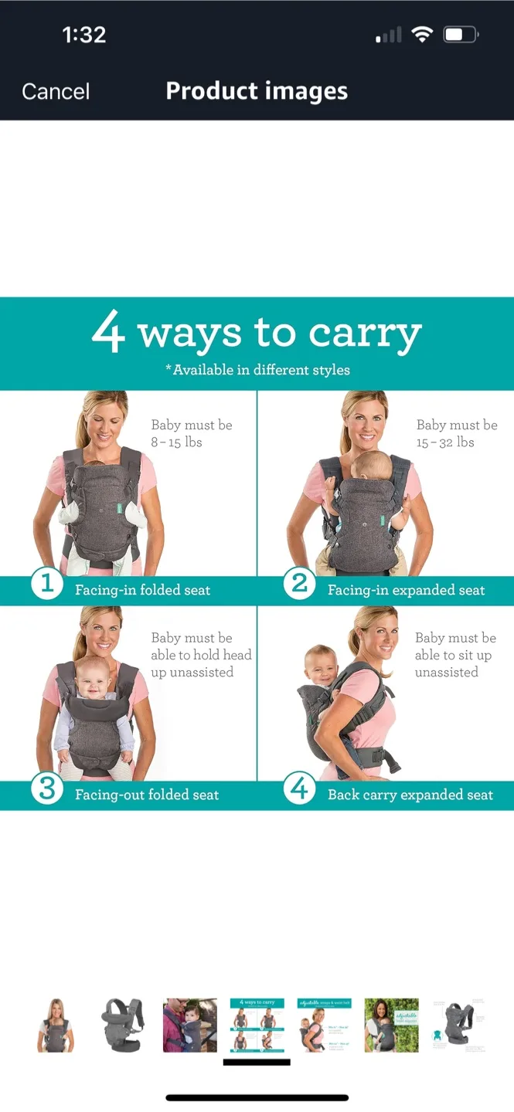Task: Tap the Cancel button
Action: pos(56,91)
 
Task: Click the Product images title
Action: pos(257,91)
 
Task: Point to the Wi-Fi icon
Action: pos(422,35)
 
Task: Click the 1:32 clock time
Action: pos(83,35)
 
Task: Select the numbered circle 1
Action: pos(46,584)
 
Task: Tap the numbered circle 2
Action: pos(299,584)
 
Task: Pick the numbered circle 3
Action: pos(46,788)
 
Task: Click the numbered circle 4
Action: pos(299,788)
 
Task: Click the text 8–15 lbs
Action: pos(177,442)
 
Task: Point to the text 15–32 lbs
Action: pos(445,442)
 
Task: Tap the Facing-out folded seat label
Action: pos(147,795)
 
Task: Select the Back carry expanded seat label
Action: pos(410,795)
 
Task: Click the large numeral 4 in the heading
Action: pos(108,333)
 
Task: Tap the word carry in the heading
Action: pos(365,334)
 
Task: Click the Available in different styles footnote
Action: pos(257,370)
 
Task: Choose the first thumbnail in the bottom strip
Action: pos(56,1025)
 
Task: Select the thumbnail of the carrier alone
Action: pos(123,1025)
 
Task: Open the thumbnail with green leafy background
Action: pos(391,1025)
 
